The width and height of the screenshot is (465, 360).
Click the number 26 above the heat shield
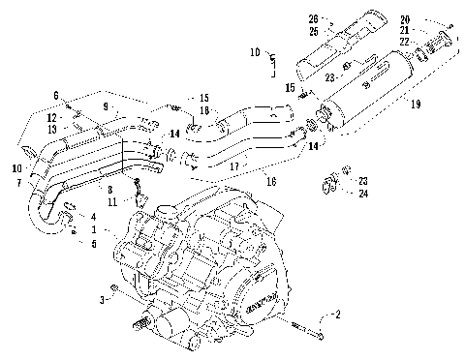click(313, 18)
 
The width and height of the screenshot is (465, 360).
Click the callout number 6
click(56, 94)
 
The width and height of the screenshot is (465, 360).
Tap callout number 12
click(48, 117)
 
